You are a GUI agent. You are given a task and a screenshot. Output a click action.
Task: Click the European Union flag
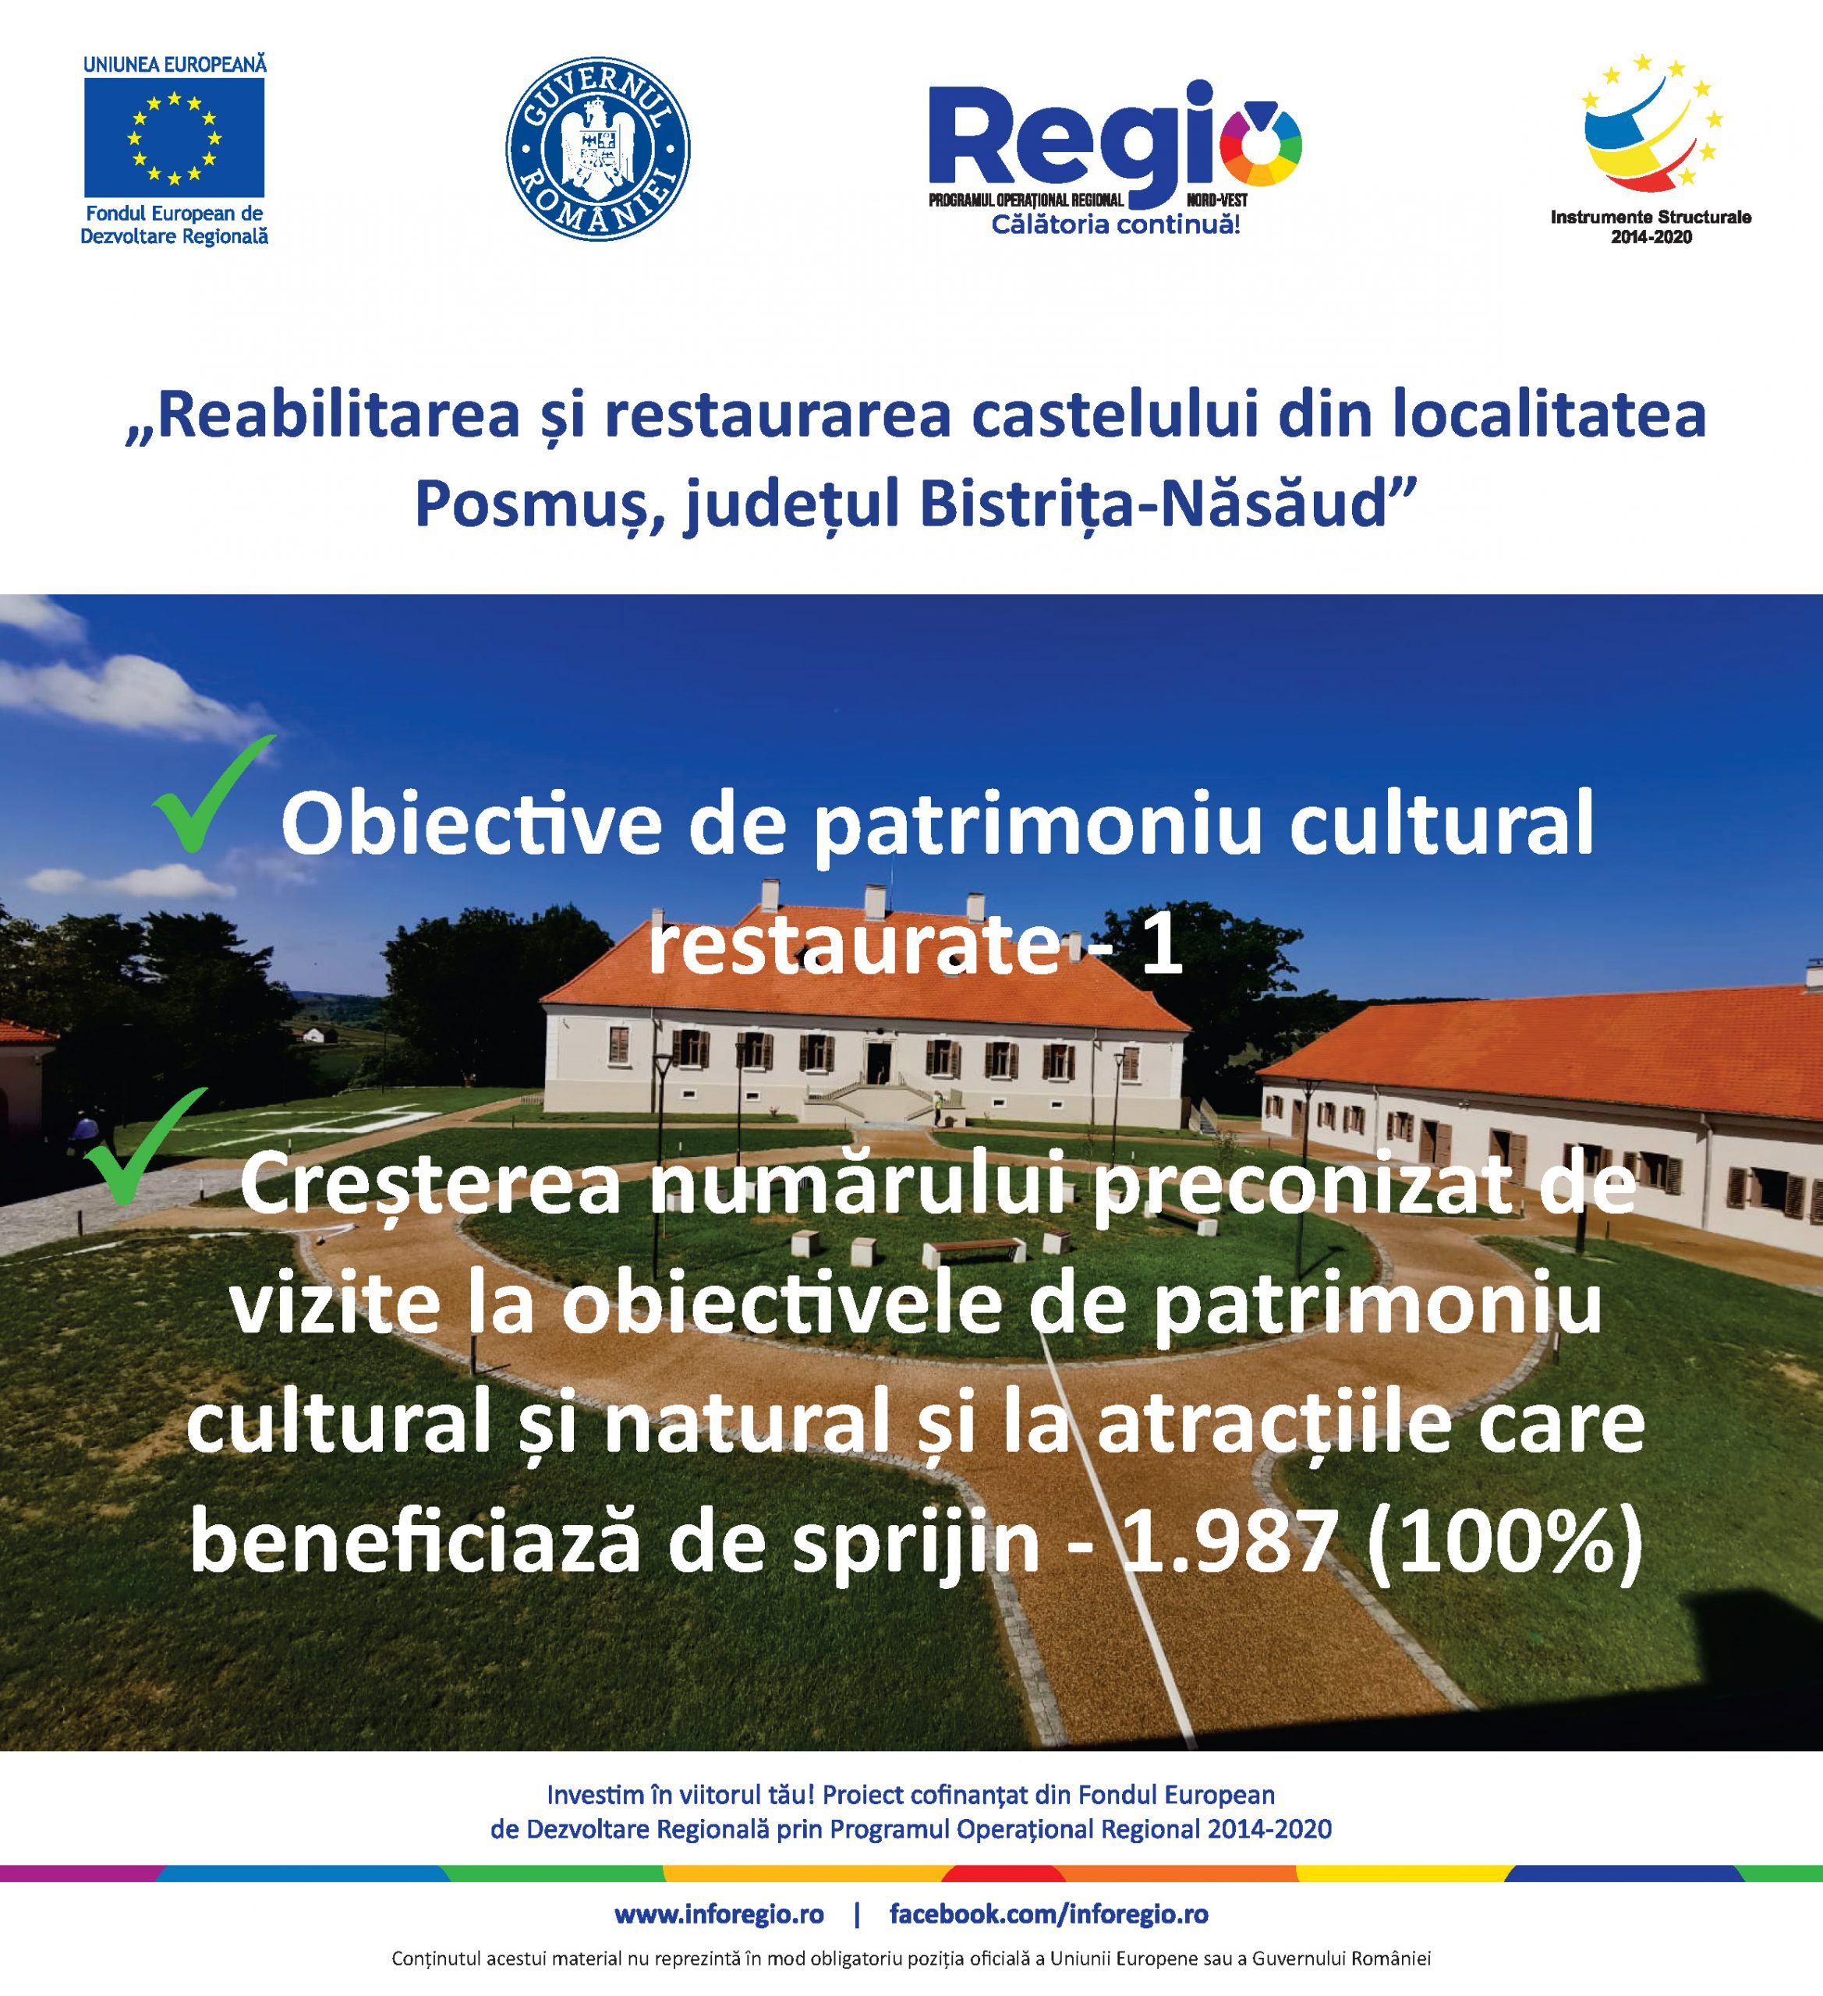(x=175, y=138)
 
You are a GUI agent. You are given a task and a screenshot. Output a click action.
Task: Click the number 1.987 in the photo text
(x=1229, y=1545)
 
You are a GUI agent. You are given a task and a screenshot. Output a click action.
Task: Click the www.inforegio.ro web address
(x=719, y=1914)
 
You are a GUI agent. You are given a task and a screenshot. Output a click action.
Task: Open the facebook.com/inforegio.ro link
(x=1049, y=1915)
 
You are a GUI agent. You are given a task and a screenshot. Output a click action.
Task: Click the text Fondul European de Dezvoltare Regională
(x=175, y=225)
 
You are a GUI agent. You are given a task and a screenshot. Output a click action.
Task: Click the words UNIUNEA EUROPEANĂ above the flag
(x=175, y=65)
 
